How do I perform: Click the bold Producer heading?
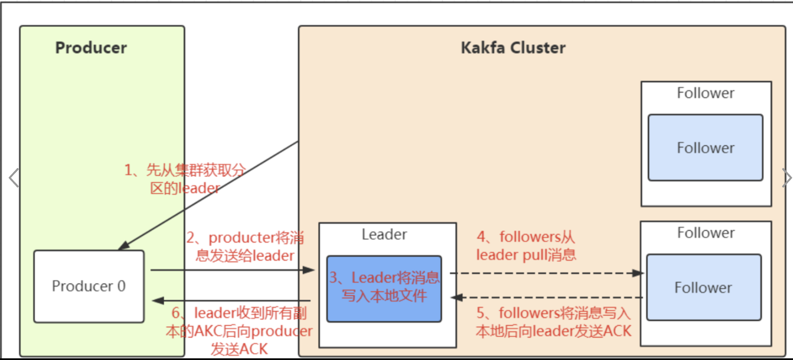click(91, 48)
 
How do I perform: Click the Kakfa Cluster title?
click(513, 48)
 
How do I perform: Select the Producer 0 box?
click(89, 286)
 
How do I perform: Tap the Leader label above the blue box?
click(384, 234)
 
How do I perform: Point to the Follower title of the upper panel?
click(705, 93)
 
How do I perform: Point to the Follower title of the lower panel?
click(706, 233)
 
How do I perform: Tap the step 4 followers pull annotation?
click(526, 246)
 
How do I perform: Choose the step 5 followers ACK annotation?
click(553, 322)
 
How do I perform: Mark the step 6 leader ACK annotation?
click(239, 331)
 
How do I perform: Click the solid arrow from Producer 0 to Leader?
click(231, 270)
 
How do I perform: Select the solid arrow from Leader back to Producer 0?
click(231, 301)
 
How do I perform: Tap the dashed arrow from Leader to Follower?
click(545, 273)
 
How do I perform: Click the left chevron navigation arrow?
click(14, 178)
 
